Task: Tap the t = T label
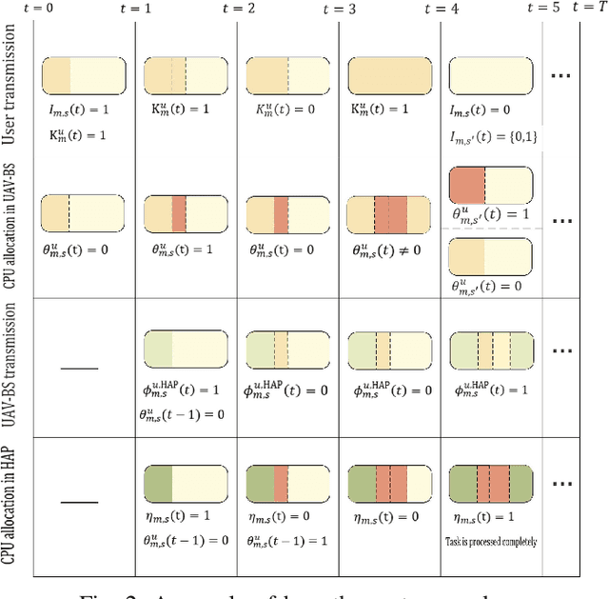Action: (588, 8)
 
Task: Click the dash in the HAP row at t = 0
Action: (82, 501)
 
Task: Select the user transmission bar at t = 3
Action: (389, 74)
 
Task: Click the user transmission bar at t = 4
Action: (490, 74)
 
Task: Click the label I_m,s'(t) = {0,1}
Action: (493, 137)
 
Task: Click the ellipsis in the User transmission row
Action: (563, 74)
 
